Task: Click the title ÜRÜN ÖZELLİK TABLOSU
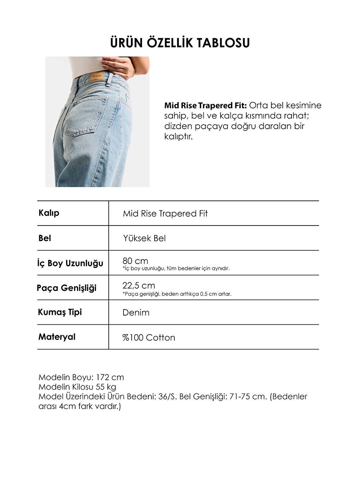coord(180,43)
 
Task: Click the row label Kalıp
coord(49,213)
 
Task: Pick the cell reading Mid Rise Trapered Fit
coord(165,214)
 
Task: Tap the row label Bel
coord(45,238)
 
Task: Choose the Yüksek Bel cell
coord(144,238)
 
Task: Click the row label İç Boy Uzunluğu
coord(70,263)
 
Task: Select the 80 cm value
coord(135,261)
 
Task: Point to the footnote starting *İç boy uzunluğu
coord(176,269)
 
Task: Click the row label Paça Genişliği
coord(66,288)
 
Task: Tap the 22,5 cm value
coord(139,286)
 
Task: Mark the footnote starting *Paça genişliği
coord(177,294)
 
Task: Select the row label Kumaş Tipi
coord(60,312)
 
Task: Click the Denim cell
coord(136,313)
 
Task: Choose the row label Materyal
coord(57,337)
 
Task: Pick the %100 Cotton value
coord(149,338)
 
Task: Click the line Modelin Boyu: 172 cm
coord(81,377)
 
